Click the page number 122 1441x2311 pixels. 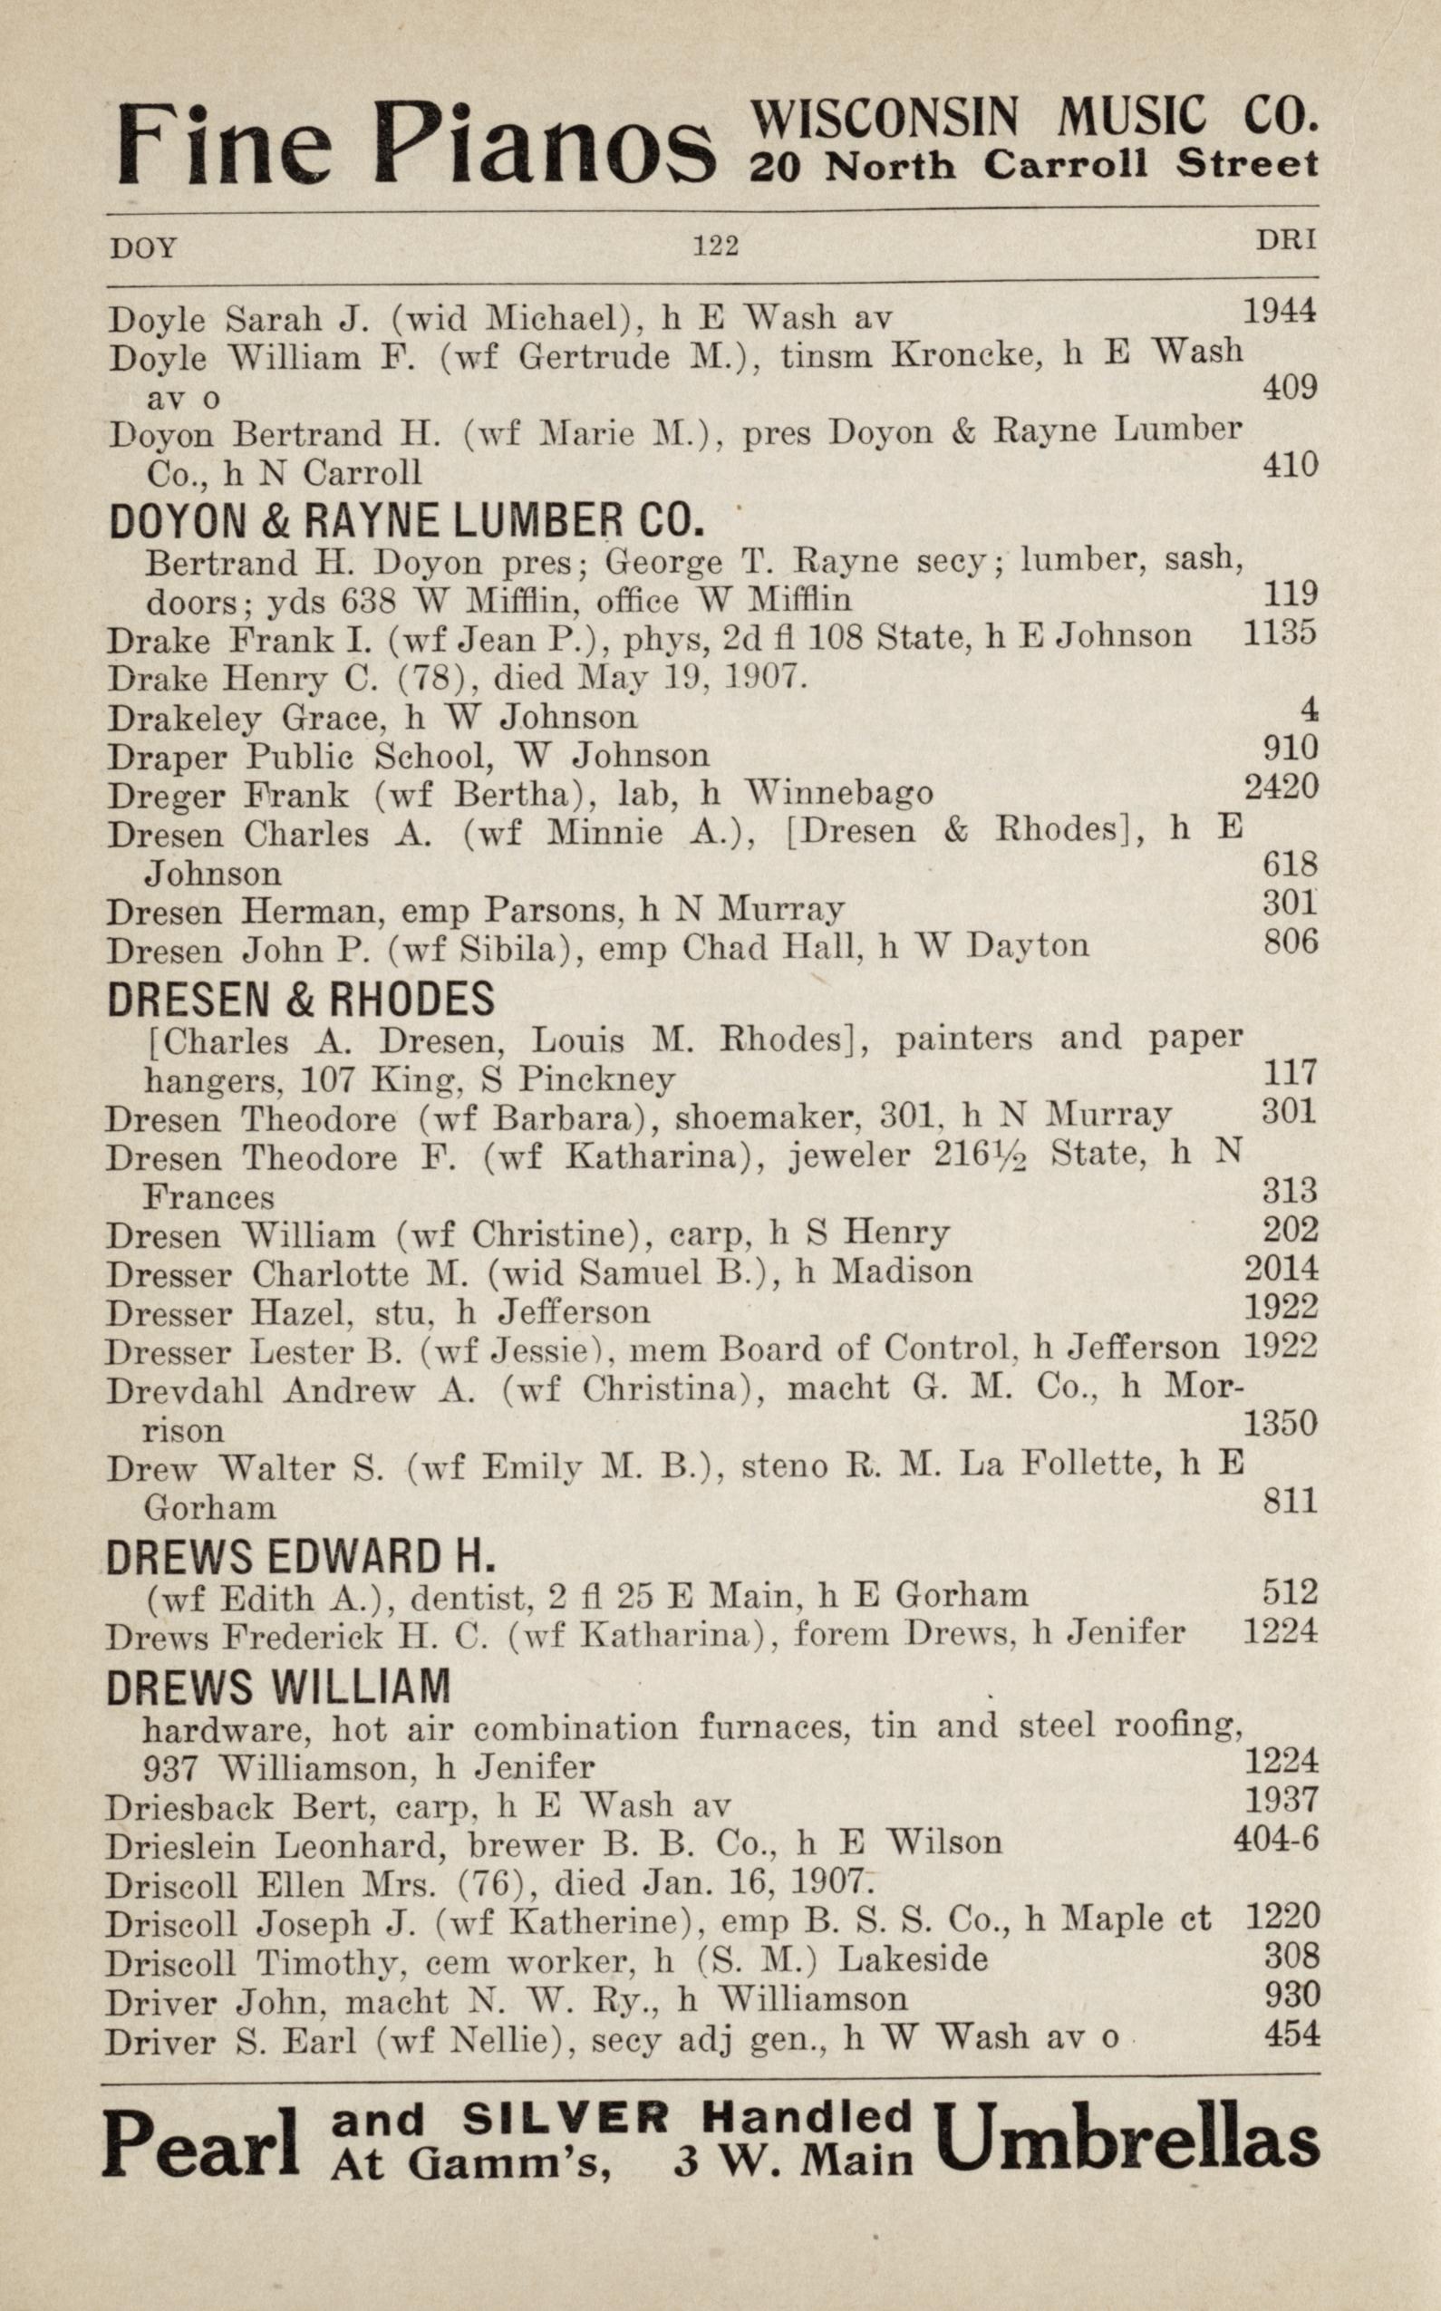coord(716,247)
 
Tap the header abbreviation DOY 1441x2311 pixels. coord(144,248)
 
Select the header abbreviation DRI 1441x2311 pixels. coord(1286,241)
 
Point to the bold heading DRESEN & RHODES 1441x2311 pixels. coord(301,999)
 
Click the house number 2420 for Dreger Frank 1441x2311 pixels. coord(1281,788)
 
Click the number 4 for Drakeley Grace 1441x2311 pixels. coord(1310,711)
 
